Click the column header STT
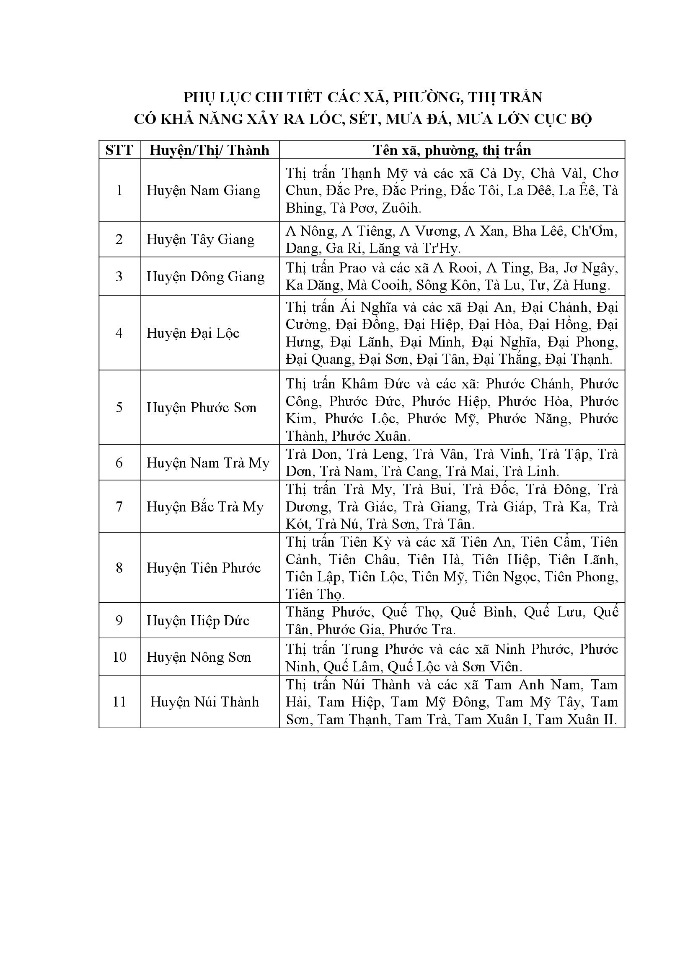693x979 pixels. click(119, 150)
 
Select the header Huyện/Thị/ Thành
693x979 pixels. click(209, 150)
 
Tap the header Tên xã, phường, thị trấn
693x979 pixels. click(452, 150)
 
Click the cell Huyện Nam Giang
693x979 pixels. click(204, 190)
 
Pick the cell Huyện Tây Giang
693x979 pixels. click(201, 239)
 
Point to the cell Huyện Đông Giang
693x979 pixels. click(206, 276)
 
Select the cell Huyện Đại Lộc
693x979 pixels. click(193, 333)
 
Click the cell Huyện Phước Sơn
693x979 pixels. click(202, 408)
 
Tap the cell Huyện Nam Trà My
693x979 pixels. click(208, 463)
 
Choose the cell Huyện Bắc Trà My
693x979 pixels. click(205, 506)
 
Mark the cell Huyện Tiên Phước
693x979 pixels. click(204, 568)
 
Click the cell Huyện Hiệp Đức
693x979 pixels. click(198, 620)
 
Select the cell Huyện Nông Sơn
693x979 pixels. click(199, 657)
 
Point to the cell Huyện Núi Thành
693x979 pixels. click(204, 702)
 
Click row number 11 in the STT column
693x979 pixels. click(119, 702)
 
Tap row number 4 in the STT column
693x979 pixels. click(119, 333)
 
